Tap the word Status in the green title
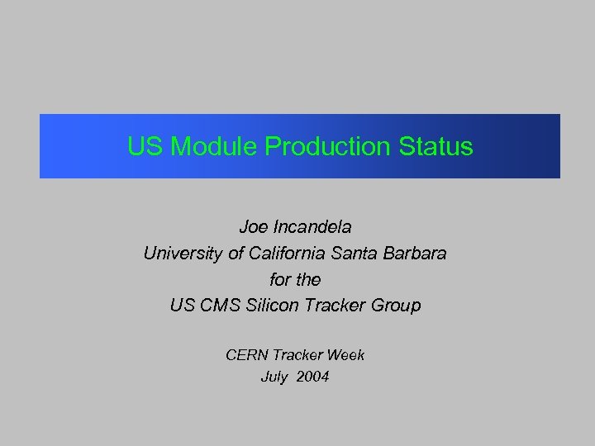click(436, 147)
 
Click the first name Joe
click(252, 225)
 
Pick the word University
click(183, 254)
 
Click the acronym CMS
click(217, 306)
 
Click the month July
click(274, 377)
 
